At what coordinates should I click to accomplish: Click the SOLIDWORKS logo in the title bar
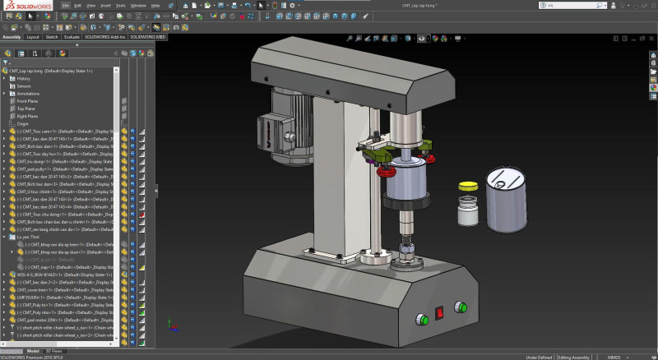24,5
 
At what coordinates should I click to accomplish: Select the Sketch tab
51,37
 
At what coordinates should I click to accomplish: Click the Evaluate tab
72,37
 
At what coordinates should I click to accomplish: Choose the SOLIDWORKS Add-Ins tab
104,37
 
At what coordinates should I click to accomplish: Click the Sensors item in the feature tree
24,85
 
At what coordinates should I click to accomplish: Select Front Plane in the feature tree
26,100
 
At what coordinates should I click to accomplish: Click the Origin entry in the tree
23,123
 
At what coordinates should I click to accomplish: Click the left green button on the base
423,319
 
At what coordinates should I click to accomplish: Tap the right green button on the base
461,307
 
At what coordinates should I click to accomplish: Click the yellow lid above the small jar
468,185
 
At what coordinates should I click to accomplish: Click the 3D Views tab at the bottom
53,351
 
